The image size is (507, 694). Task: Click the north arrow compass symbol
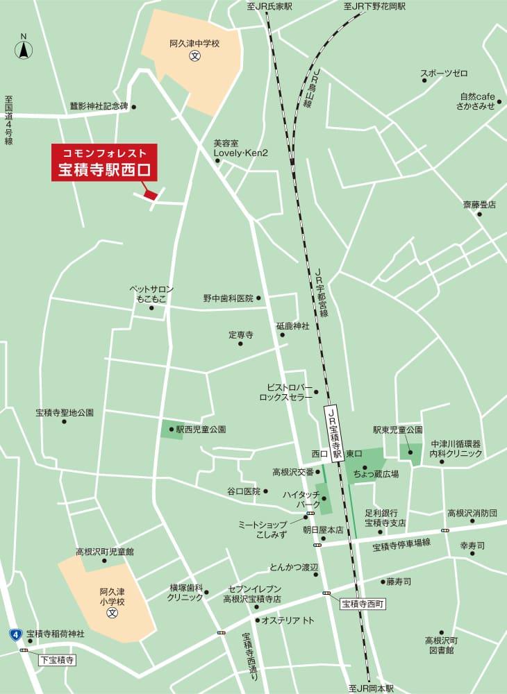[24, 48]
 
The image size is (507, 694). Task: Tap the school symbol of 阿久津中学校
[195, 56]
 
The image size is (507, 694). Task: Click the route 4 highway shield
[15, 634]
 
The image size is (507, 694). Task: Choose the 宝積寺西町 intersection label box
[363, 604]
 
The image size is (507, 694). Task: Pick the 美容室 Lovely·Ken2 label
[240, 148]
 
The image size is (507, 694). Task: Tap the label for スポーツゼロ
[444, 74]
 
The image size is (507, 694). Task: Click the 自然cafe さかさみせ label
[476, 101]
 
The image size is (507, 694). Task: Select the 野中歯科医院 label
[228, 298]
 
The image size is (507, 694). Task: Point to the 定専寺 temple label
[240, 335]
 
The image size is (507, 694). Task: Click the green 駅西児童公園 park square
[169, 430]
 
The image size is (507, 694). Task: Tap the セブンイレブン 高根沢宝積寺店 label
[251, 593]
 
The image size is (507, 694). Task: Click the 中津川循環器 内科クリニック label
[456, 448]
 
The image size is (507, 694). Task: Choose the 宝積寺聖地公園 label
[65, 412]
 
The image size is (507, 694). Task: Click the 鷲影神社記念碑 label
[99, 107]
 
